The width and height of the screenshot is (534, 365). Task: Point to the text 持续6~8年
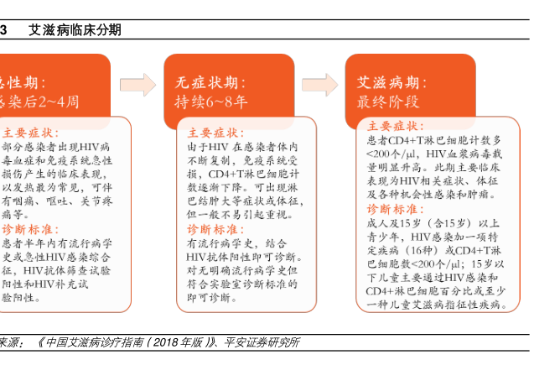tap(211, 102)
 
